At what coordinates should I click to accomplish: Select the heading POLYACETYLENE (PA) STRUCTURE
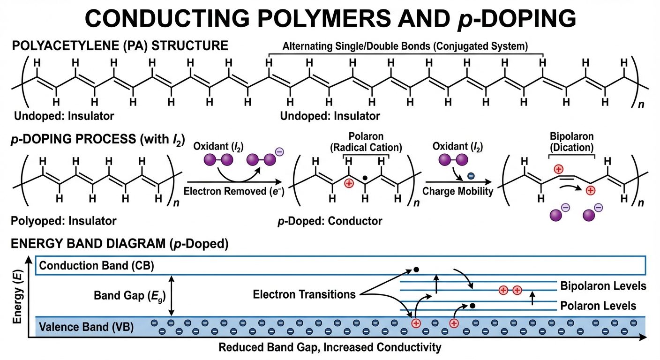(120, 46)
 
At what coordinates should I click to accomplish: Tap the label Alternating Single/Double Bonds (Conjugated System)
(405, 46)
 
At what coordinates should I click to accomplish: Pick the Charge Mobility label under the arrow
(457, 191)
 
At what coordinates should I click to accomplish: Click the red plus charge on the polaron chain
(348, 183)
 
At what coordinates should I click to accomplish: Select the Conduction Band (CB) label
(97, 266)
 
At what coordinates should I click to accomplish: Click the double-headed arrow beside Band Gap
(172, 296)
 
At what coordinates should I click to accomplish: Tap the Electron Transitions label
(304, 295)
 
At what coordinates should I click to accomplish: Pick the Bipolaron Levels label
(603, 286)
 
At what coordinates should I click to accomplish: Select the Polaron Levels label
(598, 306)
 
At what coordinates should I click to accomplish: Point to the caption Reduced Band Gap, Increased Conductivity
(330, 348)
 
